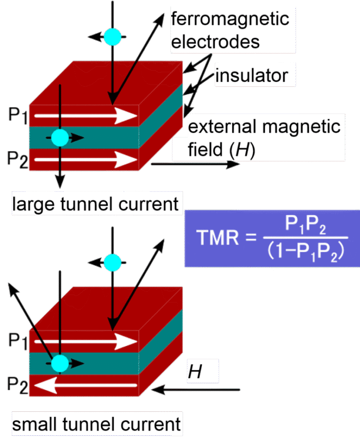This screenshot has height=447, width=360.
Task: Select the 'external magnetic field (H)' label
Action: (x=264, y=139)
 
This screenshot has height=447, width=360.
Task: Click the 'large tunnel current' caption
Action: (x=96, y=205)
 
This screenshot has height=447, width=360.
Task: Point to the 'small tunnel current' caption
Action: (x=96, y=424)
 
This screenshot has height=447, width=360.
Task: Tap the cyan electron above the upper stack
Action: (x=112, y=37)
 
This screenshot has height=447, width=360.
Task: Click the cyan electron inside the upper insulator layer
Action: (x=60, y=137)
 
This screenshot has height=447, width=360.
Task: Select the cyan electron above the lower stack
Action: (x=112, y=262)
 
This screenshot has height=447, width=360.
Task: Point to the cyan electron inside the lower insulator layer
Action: (x=60, y=363)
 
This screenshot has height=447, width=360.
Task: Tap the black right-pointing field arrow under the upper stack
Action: (x=195, y=165)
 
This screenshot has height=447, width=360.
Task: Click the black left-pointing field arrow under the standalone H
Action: (x=199, y=389)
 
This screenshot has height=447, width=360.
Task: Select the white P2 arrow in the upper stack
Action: (x=84, y=160)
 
